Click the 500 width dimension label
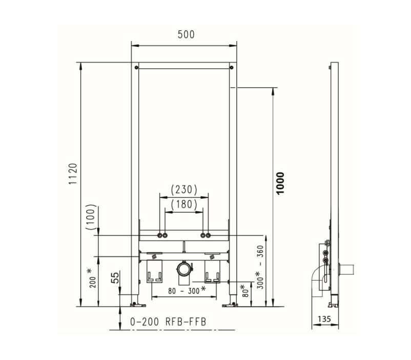(186, 34)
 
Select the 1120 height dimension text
(73, 174)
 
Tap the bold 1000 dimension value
(280, 183)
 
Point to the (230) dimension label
(184, 189)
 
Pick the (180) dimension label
(184, 204)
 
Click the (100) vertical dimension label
(91, 217)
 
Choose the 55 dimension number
(115, 277)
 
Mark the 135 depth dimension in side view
(324, 319)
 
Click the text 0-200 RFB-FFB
(168, 322)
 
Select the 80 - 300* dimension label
(187, 290)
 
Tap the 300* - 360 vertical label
(260, 267)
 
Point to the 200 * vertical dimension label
(92, 278)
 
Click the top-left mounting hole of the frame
(136, 68)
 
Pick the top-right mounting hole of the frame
(231, 68)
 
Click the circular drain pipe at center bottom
(184, 269)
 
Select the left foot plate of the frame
(138, 305)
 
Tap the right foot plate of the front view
(230, 305)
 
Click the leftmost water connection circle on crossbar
(160, 235)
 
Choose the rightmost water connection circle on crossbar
(208, 235)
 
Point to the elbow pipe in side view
(318, 281)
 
